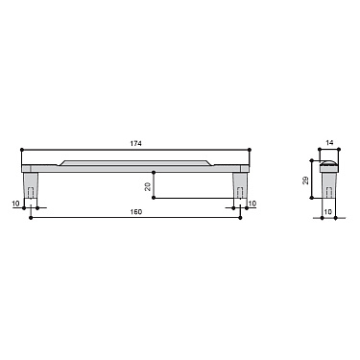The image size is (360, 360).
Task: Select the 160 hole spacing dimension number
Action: pyautogui.click(x=135, y=211)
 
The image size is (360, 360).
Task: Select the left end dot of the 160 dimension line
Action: pyautogui.click(x=33, y=218)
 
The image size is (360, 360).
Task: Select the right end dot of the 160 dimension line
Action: pyautogui.click(x=238, y=218)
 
